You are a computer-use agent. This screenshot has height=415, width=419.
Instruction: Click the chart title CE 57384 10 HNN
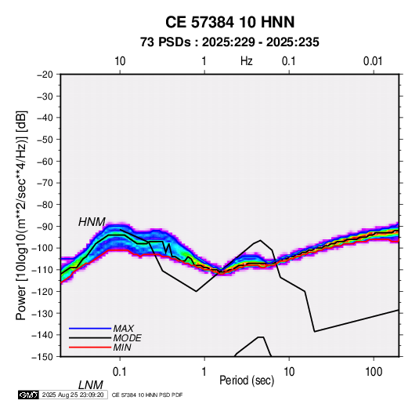229,22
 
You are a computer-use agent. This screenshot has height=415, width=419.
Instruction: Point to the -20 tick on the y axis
45,75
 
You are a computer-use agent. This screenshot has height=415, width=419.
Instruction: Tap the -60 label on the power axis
45,161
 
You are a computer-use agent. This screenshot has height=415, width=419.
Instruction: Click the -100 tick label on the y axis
43,248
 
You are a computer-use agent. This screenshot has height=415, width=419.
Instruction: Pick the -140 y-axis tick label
43,335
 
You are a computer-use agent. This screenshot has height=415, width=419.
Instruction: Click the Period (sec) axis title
247,380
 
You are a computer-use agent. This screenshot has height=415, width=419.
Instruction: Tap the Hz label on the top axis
247,61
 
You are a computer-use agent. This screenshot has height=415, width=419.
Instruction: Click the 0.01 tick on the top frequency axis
373,61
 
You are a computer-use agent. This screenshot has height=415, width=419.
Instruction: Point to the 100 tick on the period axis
374,372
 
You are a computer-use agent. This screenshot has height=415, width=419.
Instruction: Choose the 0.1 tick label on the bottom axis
120,372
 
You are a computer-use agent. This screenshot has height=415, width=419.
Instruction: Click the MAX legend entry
123,328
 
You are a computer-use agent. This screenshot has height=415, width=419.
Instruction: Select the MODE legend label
127,338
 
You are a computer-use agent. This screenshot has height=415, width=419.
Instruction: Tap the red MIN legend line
90,348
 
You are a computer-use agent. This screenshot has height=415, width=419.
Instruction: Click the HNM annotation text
92,222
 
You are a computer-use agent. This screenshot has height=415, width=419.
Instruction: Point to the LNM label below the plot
90,385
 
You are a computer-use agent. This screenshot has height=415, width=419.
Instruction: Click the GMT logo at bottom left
29,395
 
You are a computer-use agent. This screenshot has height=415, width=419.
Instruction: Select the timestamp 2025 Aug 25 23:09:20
73,395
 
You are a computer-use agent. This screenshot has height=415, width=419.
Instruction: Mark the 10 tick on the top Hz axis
120,61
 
